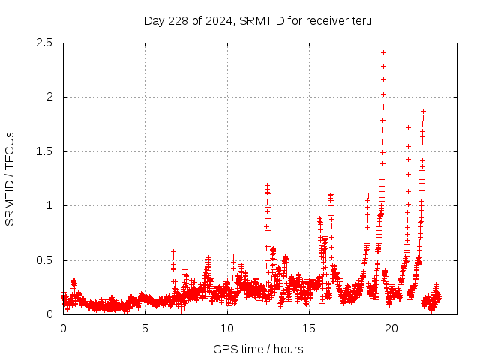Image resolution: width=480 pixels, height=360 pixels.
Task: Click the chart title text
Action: click(257, 20)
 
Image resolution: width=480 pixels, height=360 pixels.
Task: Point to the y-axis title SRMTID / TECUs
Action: click(10, 178)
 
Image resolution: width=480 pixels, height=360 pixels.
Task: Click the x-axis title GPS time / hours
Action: click(258, 349)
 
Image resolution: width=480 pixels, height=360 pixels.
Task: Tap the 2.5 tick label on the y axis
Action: click(43, 43)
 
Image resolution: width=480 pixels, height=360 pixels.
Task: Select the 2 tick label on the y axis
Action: click(49, 97)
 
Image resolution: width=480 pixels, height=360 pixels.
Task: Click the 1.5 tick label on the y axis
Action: click(43, 151)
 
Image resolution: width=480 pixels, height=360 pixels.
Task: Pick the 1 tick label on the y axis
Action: click(49, 205)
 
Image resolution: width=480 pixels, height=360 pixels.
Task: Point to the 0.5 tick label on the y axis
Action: click(43, 260)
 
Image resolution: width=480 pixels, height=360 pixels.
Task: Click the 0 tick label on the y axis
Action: click(49, 314)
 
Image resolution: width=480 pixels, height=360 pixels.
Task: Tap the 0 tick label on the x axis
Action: click(63, 328)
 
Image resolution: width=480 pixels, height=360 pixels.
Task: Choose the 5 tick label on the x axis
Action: click(145, 328)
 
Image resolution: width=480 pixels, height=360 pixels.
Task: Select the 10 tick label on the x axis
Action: click(227, 328)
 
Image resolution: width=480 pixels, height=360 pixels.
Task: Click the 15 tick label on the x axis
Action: click(310, 328)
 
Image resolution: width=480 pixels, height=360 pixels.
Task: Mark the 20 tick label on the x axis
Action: click(391, 328)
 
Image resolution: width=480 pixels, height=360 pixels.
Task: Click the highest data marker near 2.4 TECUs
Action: click(383, 52)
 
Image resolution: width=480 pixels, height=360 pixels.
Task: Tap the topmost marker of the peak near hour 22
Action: click(423, 111)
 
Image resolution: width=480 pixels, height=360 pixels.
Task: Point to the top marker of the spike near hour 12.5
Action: click(267, 184)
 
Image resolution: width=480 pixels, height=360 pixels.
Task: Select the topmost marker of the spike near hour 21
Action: click(408, 127)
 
